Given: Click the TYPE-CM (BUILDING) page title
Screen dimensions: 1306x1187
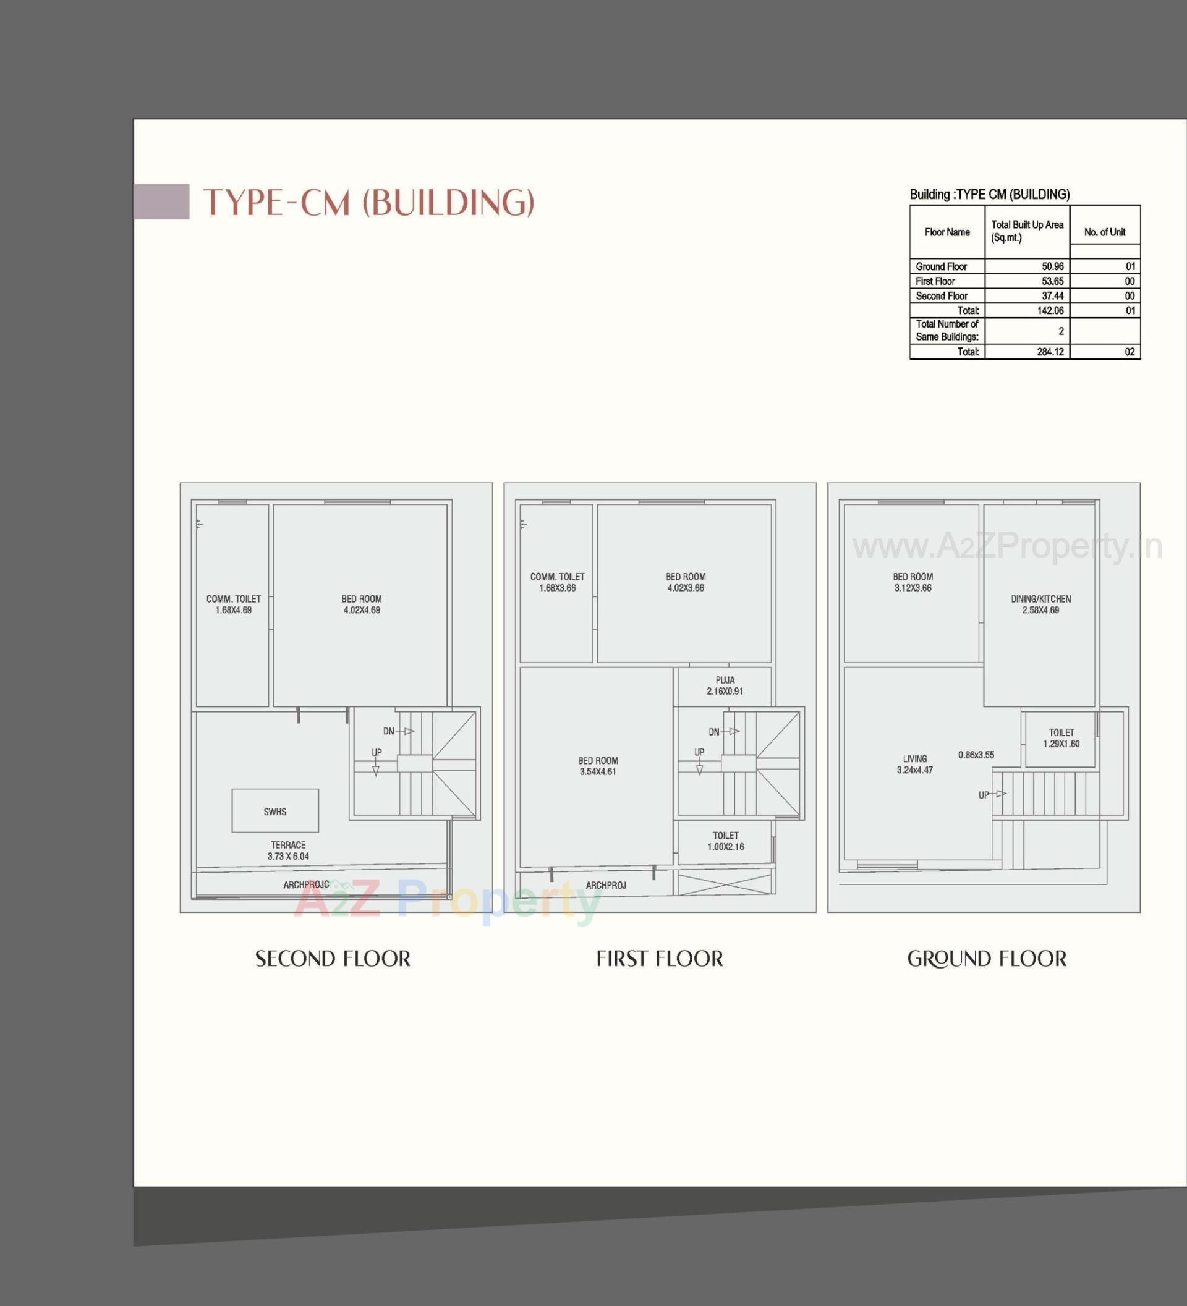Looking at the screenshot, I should (368, 202).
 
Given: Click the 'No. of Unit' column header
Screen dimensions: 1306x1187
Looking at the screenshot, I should (1105, 232).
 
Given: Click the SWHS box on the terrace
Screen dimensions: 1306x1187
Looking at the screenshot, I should (275, 811).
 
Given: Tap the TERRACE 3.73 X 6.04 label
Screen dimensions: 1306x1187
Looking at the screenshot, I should (288, 850).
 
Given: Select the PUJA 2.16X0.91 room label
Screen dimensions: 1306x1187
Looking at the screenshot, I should (725, 685).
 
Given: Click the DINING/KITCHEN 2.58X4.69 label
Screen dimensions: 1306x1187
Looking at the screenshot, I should (1040, 604).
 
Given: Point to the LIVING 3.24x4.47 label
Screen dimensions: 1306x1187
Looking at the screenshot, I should (915, 765).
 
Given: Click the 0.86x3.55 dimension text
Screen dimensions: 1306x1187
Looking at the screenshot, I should (976, 755).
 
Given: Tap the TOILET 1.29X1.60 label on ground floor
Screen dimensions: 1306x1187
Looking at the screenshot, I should (1061, 738).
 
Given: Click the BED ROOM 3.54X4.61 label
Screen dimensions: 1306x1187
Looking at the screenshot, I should (598, 766).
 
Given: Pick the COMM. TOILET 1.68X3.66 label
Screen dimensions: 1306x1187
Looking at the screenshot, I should (557, 582).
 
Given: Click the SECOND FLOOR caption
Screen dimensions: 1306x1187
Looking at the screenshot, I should (333, 959).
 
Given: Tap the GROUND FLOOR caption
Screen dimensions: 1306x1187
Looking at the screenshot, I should (987, 959).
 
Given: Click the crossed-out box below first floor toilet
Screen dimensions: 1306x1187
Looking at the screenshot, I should (725, 884).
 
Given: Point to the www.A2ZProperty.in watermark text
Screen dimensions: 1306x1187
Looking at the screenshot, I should (1008, 547).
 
